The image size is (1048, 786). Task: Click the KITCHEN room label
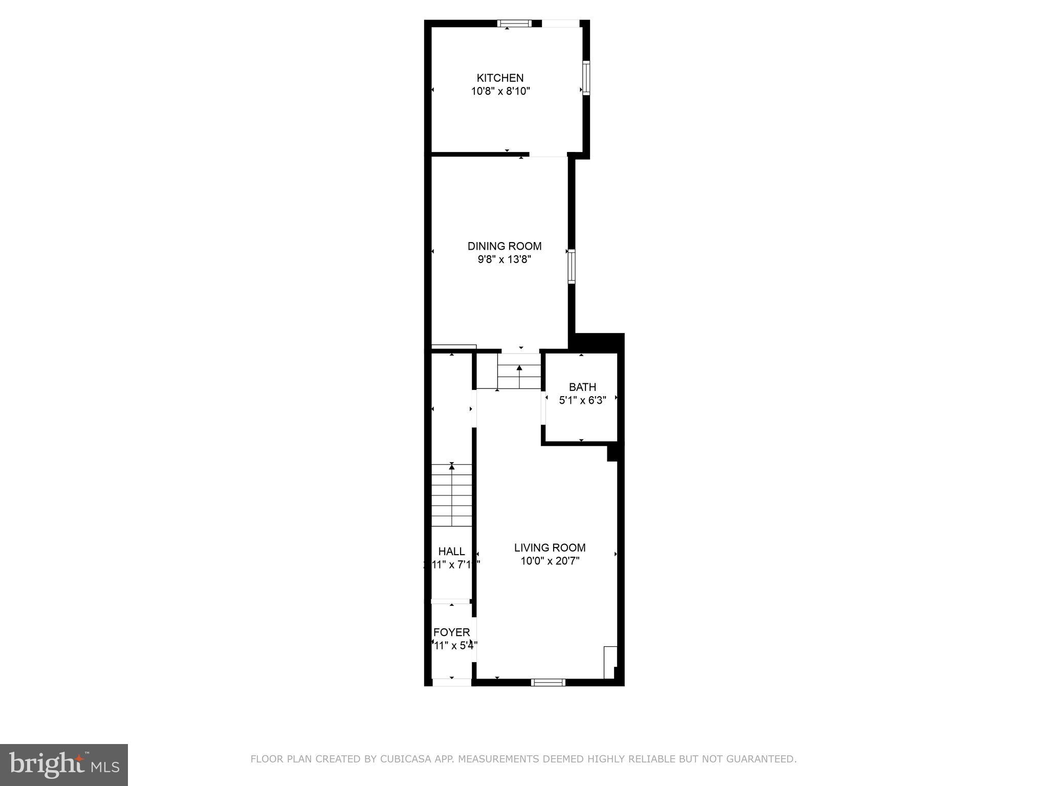(500, 78)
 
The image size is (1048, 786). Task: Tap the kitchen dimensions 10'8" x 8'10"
(500, 92)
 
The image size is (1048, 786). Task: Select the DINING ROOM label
(504, 246)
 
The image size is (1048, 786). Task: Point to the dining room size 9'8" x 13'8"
(504, 259)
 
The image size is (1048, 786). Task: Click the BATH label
(582, 387)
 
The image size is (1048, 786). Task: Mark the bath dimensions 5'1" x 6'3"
(582, 400)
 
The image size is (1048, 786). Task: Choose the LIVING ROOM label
(550, 548)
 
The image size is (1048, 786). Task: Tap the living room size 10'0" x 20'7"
(550, 561)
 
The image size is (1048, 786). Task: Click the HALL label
(451, 551)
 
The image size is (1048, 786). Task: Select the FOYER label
(451, 632)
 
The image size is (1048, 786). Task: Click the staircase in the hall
(451, 495)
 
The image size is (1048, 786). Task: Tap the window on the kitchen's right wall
(586, 78)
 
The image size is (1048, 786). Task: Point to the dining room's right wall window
(572, 266)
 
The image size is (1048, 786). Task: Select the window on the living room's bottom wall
(548, 682)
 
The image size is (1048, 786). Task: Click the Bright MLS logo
(64, 765)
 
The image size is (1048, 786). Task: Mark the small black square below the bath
(612, 453)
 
